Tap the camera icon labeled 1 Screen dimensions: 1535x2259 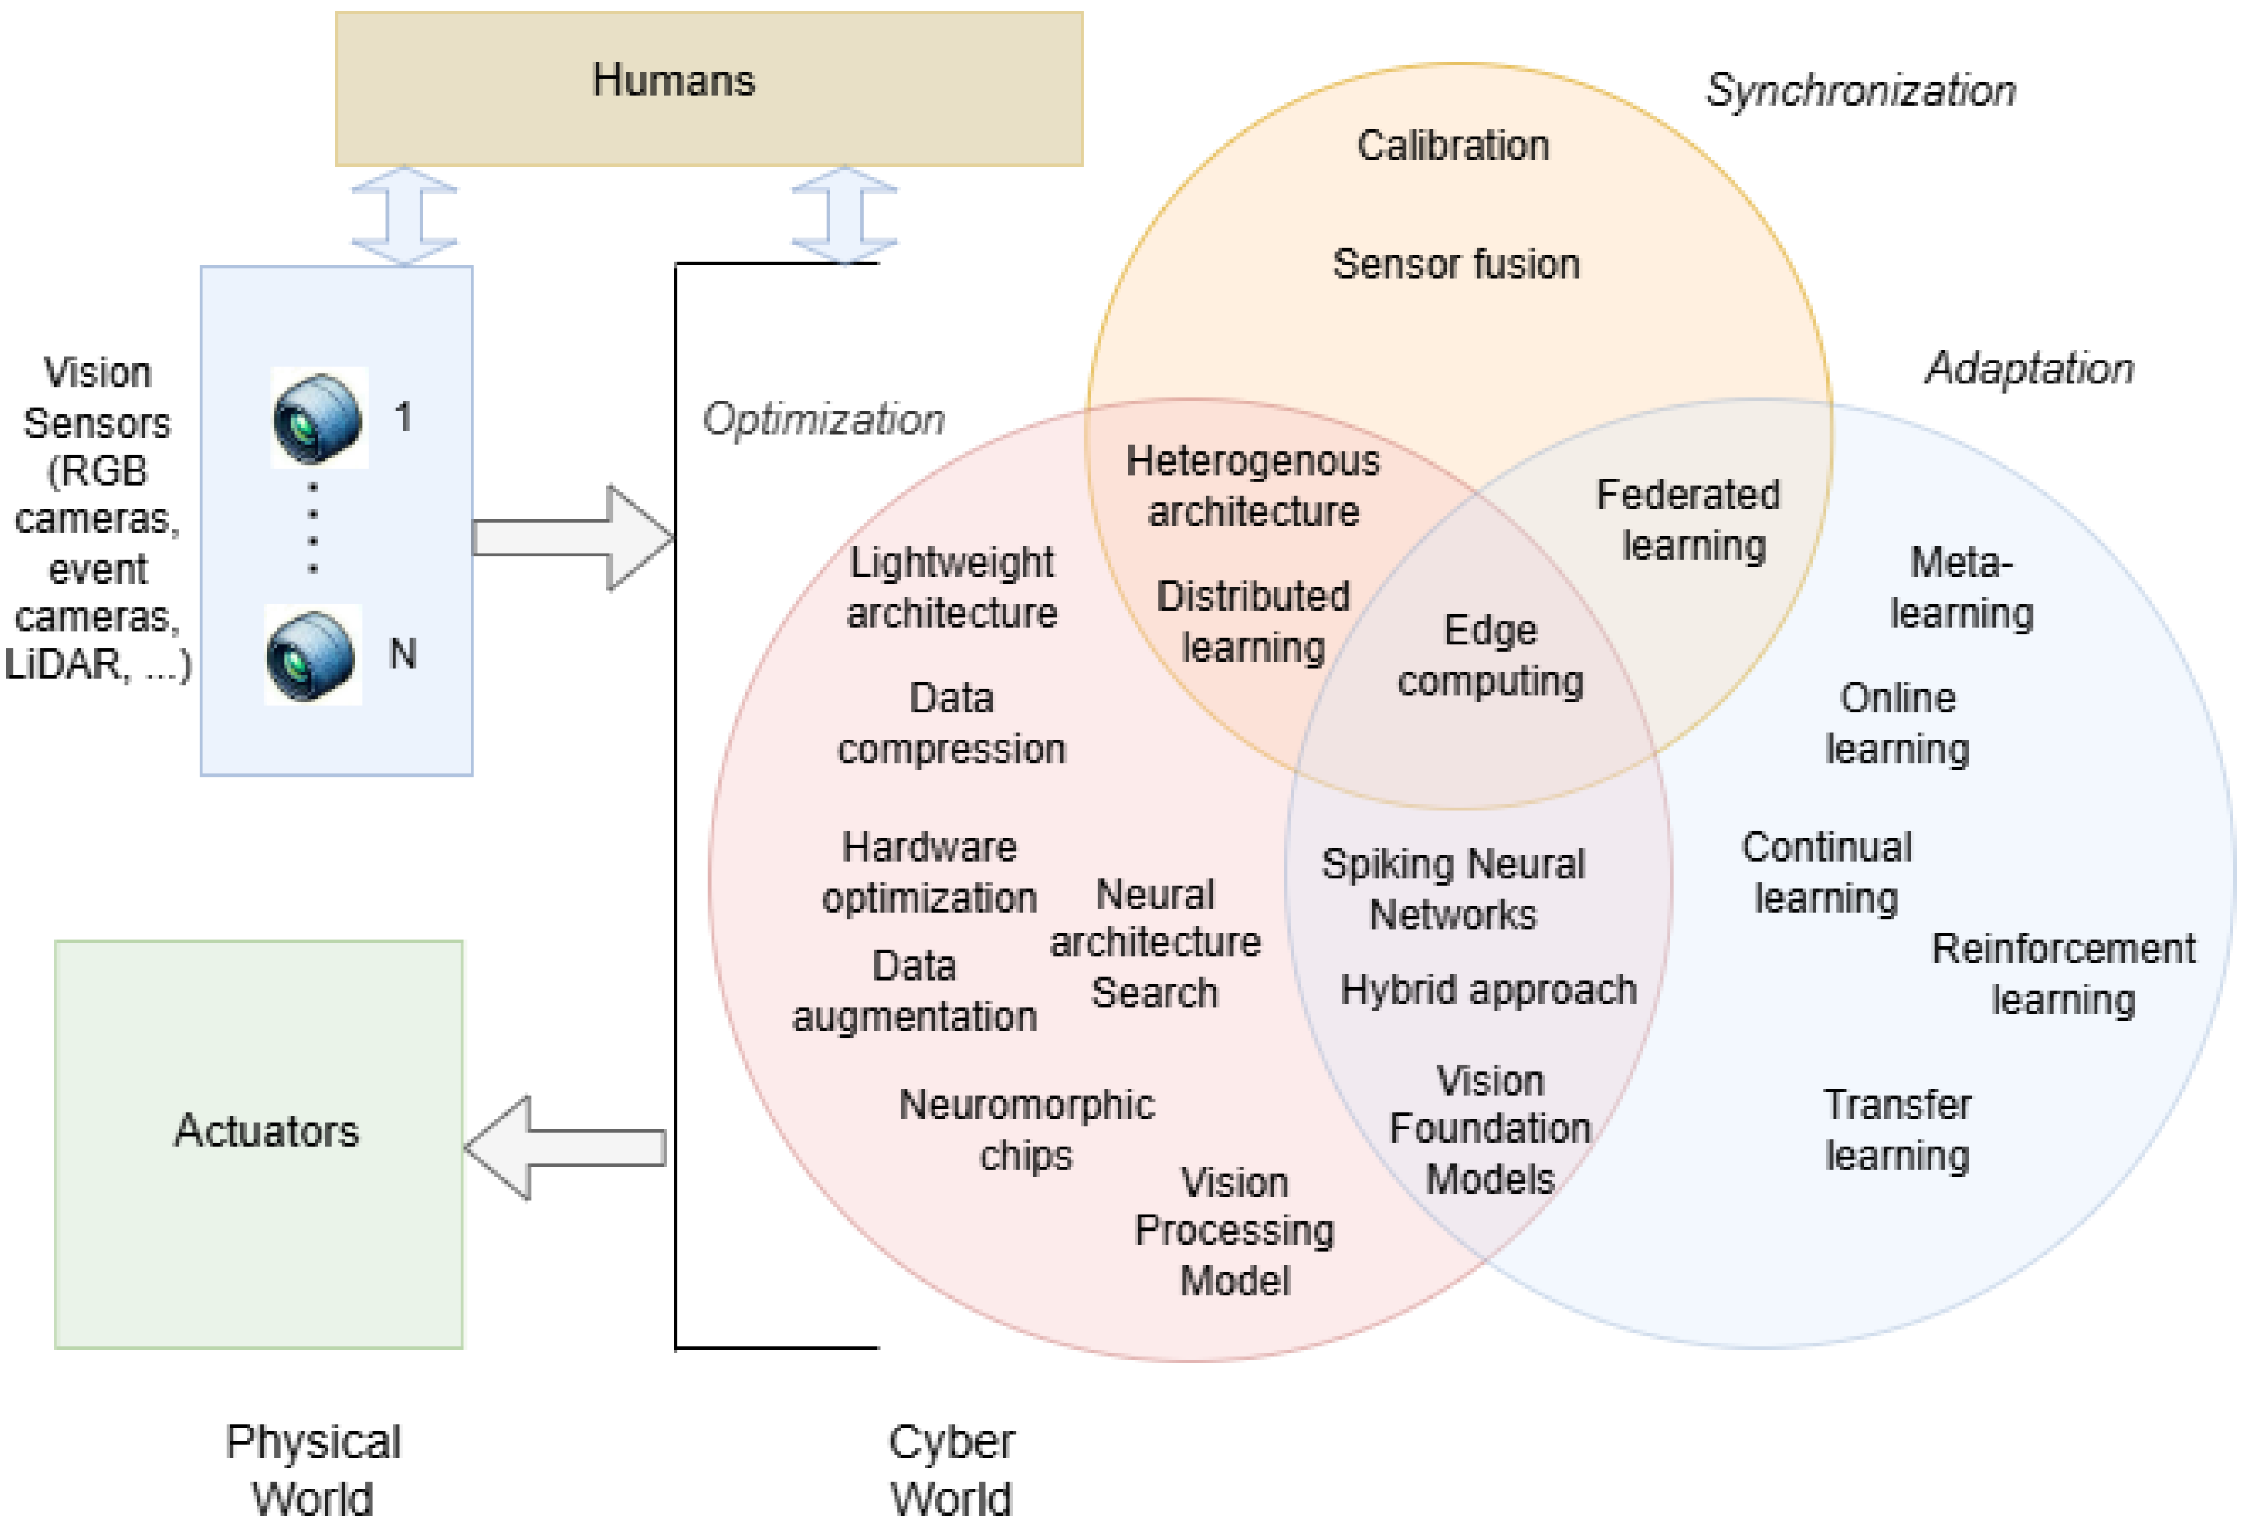click(318, 417)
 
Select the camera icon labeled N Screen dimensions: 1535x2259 click(312, 655)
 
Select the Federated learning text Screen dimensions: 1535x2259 click(1689, 520)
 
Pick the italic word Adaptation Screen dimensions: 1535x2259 click(2029, 368)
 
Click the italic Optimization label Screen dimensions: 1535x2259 click(823, 419)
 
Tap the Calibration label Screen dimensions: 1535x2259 click(1452, 146)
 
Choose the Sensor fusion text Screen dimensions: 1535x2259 click(1455, 265)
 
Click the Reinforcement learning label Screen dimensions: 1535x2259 click(2062, 973)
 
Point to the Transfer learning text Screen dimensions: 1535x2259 click(1896, 1129)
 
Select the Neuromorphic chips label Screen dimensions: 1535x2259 click(1026, 1129)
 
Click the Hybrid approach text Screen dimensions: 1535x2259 click(1487, 990)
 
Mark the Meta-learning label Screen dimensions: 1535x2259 click(1961, 588)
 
